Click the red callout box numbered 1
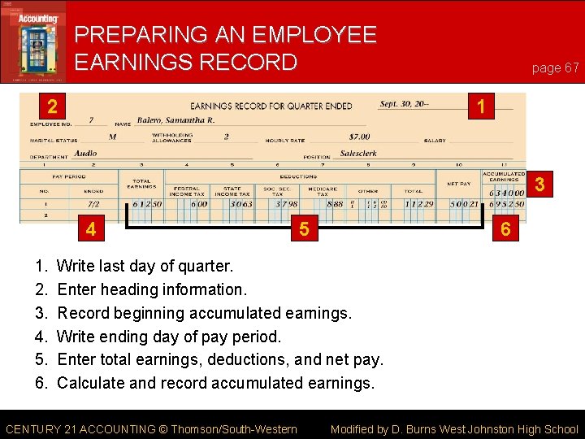pyautogui.click(x=481, y=106)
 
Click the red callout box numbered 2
pyautogui.click(x=52, y=106)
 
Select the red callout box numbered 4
pyautogui.click(x=91, y=230)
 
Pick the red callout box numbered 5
pyautogui.click(x=304, y=230)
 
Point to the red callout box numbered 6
pyautogui.click(x=505, y=230)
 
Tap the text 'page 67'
pyautogui.click(x=555, y=67)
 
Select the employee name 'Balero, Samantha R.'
pyautogui.click(x=175, y=120)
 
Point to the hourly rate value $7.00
pyautogui.click(x=359, y=137)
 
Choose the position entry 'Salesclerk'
pyautogui.click(x=358, y=153)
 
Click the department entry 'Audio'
pyautogui.click(x=86, y=153)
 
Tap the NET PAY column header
pyautogui.click(x=458, y=184)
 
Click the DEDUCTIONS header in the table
pyautogui.click(x=298, y=176)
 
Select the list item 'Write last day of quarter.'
pyautogui.click(x=145, y=266)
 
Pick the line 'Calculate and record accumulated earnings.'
pyautogui.click(x=215, y=383)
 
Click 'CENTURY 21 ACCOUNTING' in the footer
pyautogui.click(x=80, y=429)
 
